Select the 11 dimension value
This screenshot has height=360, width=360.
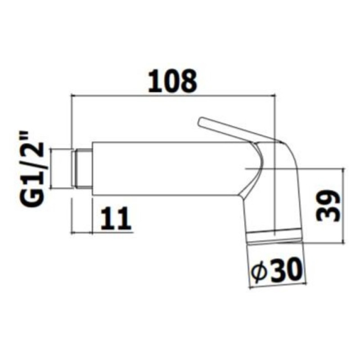coord(116,218)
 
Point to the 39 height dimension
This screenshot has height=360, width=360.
coord(328,206)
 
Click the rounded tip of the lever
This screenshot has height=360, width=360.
coord(201,121)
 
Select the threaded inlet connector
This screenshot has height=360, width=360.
coord(83,168)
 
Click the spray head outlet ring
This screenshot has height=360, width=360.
coord(274,237)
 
